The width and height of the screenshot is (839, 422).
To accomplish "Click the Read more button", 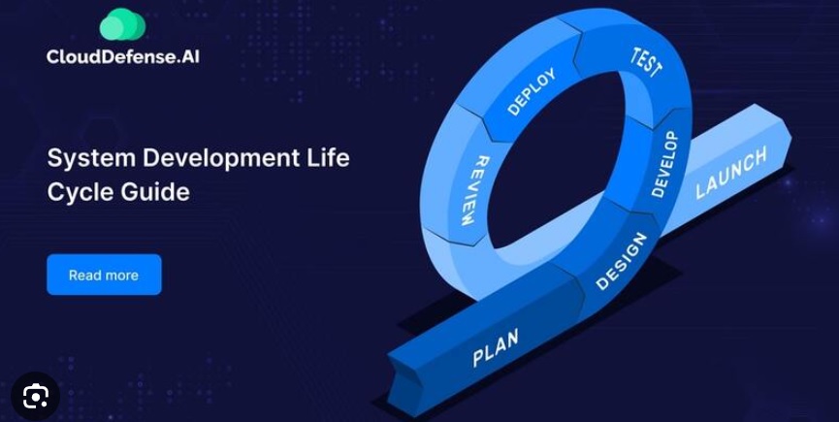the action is coord(104,275).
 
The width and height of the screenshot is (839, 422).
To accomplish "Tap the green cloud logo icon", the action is coord(122,24).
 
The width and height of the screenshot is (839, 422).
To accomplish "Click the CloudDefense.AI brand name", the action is coord(122,56).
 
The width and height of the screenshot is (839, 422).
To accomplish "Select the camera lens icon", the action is coord(35,397).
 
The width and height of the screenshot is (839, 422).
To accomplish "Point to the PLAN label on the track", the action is coord(496,347).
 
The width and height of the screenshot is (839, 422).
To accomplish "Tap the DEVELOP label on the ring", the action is coord(665,164).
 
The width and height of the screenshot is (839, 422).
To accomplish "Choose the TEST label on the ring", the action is coord(646,63).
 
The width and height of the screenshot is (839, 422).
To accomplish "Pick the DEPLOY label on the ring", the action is coord(532,91).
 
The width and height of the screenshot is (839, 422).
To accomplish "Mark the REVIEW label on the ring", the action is coord(468,190).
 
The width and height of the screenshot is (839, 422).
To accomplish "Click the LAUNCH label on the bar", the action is coord(731,173).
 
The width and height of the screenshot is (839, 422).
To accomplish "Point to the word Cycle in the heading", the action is coord(80,192).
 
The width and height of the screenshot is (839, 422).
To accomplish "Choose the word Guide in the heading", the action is coord(154,192).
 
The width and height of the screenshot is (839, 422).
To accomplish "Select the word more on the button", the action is coord(122,275).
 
